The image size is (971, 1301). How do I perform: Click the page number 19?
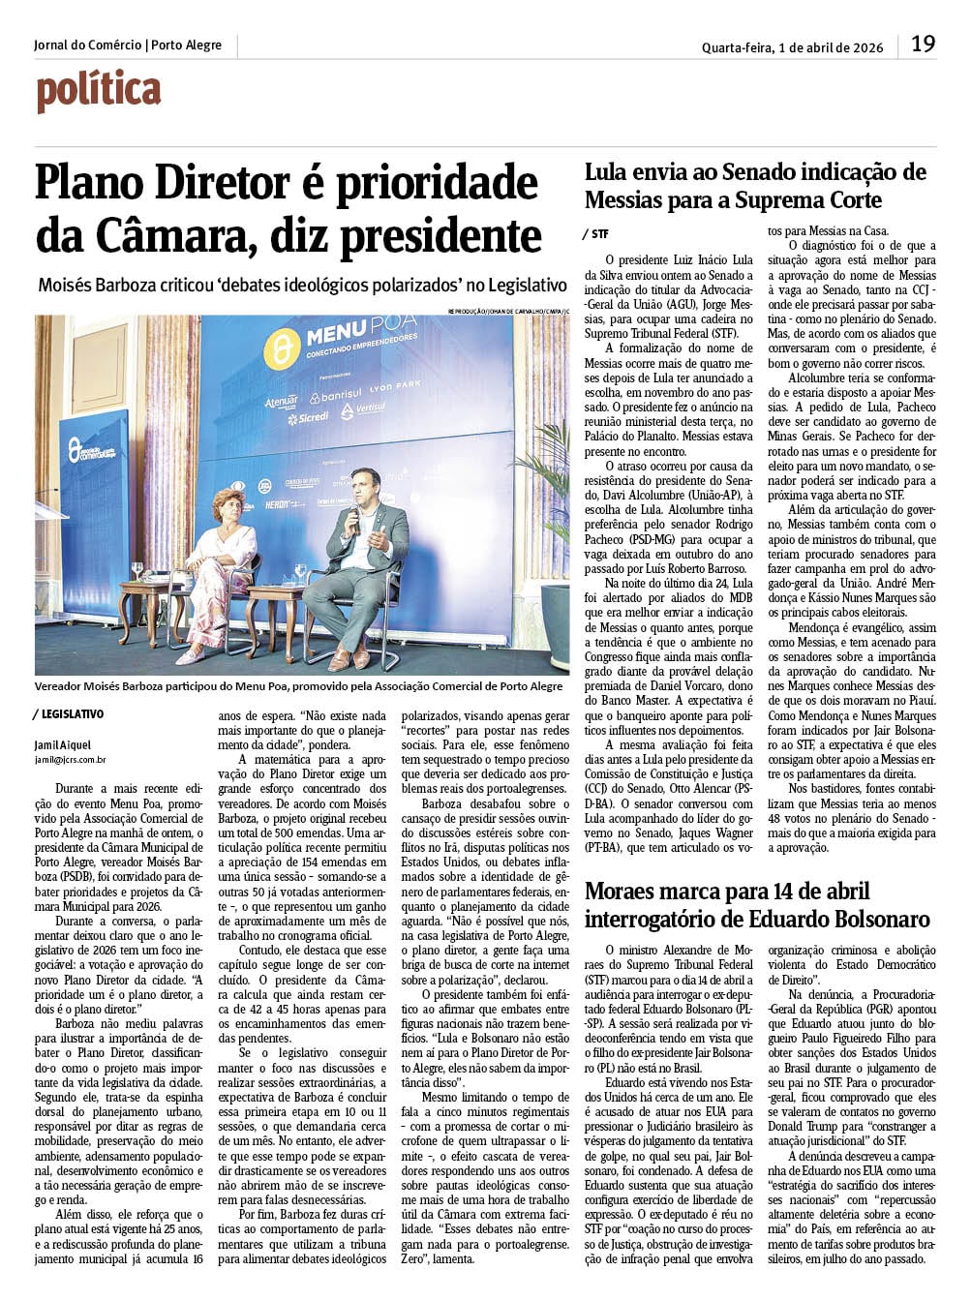[x=923, y=45]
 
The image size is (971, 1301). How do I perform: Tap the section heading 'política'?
[x=98, y=92]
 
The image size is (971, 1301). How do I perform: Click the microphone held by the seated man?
[x=352, y=521]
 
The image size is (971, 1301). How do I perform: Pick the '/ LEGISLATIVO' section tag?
[x=69, y=714]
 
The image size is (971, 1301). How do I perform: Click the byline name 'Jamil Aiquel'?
[x=63, y=744]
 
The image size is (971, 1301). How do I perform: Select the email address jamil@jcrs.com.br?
[x=71, y=761]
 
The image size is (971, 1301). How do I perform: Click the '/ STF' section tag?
[x=596, y=233]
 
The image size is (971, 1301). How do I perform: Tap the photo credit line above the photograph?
[x=509, y=311]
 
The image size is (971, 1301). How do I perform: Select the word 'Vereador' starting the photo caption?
[x=59, y=686]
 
